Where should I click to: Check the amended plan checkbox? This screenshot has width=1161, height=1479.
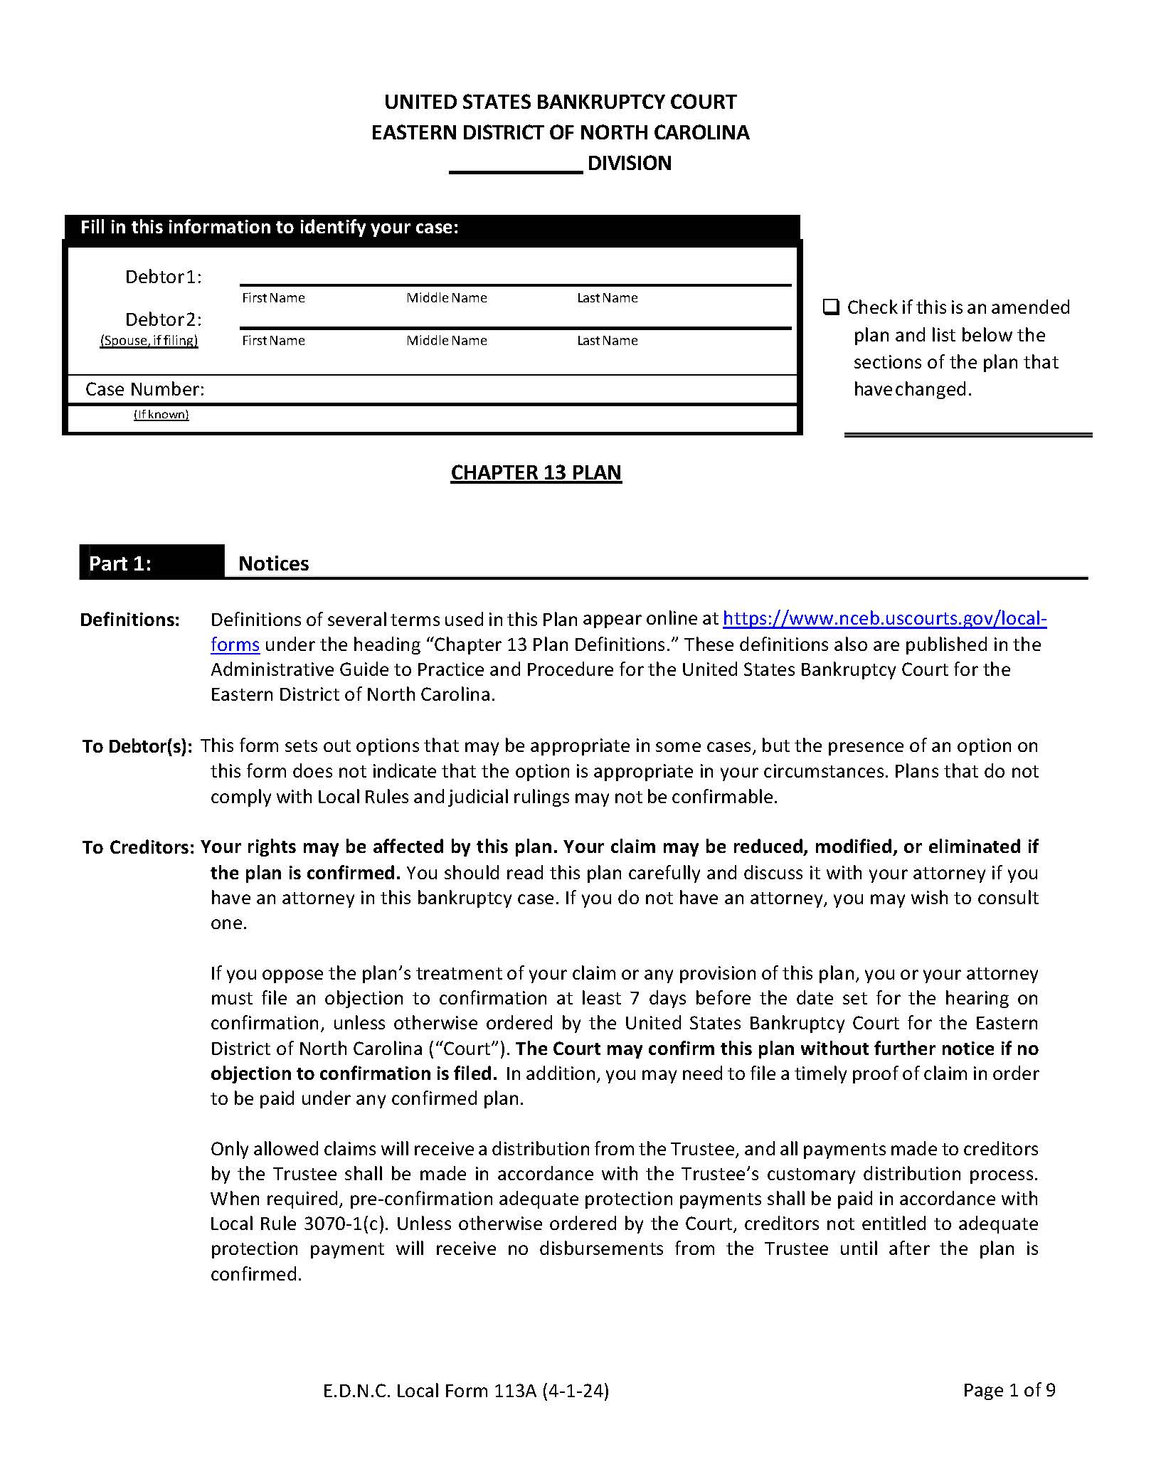click(x=831, y=307)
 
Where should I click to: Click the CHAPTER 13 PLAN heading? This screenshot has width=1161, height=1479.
click(x=536, y=472)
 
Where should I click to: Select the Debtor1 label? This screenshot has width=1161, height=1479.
click(x=164, y=277)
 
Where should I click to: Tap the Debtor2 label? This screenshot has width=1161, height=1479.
click(x=164, y=319)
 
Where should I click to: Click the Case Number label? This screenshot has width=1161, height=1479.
click(x=144, y=389)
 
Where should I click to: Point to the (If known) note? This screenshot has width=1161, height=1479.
click(x=161, y=415)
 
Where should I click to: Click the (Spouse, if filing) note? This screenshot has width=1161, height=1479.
click(x=149, y=341)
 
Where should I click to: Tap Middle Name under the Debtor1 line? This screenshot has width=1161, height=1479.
click(x=447, y=298)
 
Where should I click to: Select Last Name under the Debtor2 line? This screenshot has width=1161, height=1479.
click(x=607, y=341)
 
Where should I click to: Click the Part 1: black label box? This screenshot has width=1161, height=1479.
click(x=152, y=563)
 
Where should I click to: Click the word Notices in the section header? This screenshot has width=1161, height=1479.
click(x=274, y=563)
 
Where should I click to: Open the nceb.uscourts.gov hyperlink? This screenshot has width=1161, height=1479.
click(x=884, y=619)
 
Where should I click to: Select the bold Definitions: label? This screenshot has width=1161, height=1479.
click(x=129, y=620)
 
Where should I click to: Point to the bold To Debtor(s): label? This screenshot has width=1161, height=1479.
click(x=137, y=746)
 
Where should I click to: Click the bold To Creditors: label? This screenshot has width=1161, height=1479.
click(x=138, y=847)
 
